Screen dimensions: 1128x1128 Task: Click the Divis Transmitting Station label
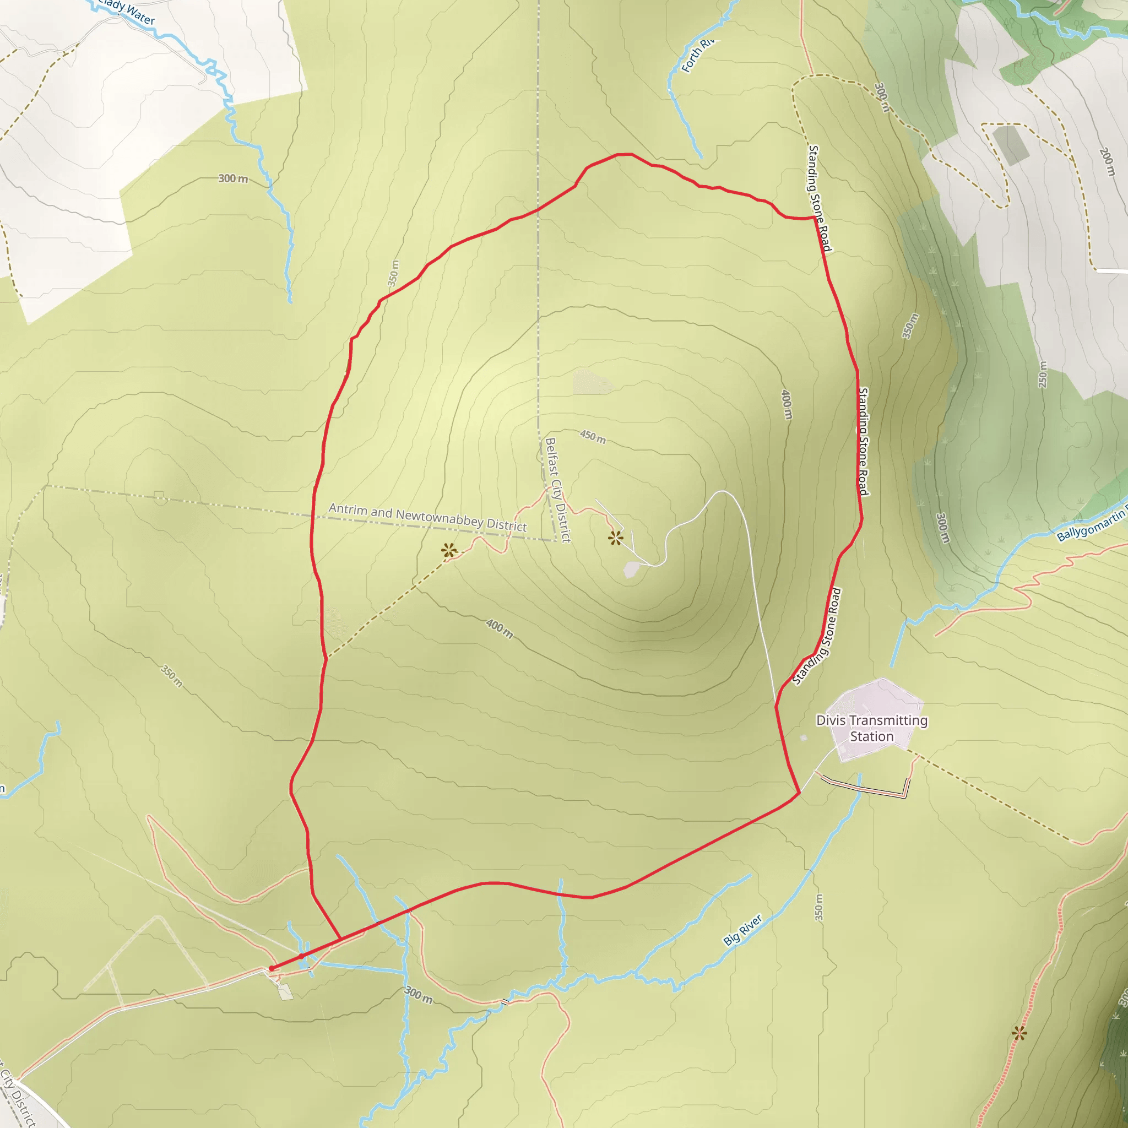872,728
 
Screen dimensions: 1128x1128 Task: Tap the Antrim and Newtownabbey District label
427,517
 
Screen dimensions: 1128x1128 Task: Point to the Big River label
742,930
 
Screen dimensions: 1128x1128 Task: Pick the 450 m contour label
593,436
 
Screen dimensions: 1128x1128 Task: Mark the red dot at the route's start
272,969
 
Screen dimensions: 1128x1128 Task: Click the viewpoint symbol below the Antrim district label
448,550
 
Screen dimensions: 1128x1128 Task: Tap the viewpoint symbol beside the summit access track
615,538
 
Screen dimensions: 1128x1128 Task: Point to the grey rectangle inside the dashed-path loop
1010,144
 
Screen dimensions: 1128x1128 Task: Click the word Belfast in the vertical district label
551,457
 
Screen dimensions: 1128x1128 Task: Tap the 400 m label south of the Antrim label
500,628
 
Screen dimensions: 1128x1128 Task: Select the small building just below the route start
285,991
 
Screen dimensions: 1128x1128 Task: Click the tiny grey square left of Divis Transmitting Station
804,738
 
